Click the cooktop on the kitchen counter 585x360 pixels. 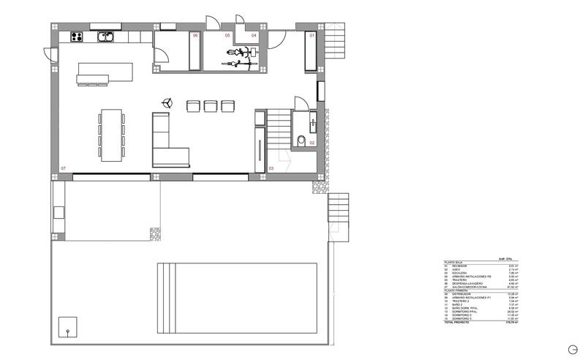click(76, 36)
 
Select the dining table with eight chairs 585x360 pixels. click(112, 134)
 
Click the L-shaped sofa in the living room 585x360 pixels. click(167, 143)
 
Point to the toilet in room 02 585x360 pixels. click(302, 140)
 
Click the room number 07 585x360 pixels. click(64, 168)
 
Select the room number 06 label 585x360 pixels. click(195, 35)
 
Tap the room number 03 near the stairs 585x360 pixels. click(271, 168)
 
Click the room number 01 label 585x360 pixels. click(312, 35)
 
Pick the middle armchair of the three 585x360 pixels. click(211, 106)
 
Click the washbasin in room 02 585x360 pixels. click(312, 119)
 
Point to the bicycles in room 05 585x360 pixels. click(241, 59)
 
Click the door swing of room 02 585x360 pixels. click(299, 105)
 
